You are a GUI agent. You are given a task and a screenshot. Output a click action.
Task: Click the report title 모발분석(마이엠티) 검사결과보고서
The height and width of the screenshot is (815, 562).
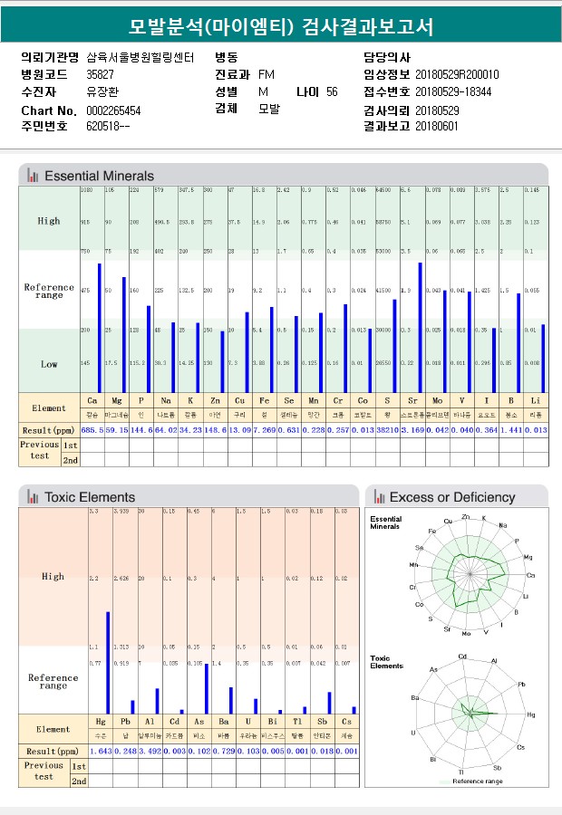(281, 27)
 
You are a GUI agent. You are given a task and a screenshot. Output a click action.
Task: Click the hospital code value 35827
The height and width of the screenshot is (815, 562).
(100, 74)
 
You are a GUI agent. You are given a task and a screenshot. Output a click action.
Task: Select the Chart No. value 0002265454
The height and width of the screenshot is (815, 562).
(113, 110)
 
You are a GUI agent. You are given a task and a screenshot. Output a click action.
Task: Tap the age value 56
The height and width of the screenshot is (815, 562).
(332, 92)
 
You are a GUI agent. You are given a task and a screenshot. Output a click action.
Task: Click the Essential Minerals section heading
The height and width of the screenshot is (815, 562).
(99, 176)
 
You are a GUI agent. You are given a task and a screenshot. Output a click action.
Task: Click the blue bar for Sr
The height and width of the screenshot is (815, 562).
(420, 327)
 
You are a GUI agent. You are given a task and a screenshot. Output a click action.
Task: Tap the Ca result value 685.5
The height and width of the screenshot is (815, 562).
(92, 429)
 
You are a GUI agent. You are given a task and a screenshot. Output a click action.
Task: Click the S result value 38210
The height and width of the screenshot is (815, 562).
(387, 429)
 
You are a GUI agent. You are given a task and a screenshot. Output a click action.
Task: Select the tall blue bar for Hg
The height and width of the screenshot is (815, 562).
(108, 662)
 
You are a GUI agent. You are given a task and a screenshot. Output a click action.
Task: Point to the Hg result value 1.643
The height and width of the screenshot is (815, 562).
(100, 752)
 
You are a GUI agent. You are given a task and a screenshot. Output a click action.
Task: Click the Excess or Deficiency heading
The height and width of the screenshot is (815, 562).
(451, 497)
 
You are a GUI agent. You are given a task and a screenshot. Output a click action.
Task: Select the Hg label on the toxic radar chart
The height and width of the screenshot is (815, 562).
(531, 714)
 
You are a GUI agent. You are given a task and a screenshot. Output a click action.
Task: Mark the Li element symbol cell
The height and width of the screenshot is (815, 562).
(536, 399)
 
